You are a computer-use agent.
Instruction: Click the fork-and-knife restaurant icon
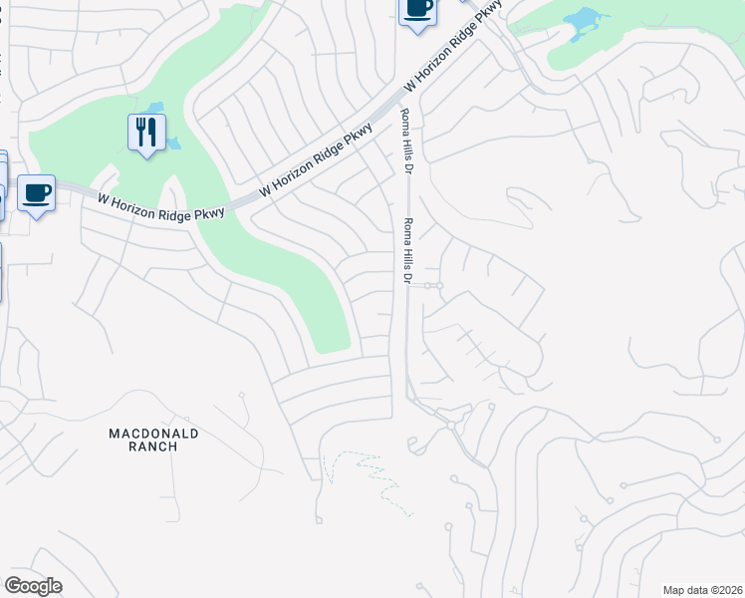[146, 132]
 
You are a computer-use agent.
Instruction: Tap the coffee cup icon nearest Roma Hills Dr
[417, 10]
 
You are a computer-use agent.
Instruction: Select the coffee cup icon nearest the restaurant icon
[36, 192]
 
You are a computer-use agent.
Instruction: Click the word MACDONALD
[153, 434]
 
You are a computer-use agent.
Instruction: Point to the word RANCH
[153, 447]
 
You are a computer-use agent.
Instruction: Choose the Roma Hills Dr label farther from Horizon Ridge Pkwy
[406, 250]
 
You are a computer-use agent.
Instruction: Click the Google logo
[33, 586]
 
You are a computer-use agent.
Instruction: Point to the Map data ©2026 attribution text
[701, 589]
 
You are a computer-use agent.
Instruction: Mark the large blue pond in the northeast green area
[586, 21]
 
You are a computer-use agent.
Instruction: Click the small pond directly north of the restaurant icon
[155, 107]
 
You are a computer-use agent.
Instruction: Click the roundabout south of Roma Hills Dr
[451, 426]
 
